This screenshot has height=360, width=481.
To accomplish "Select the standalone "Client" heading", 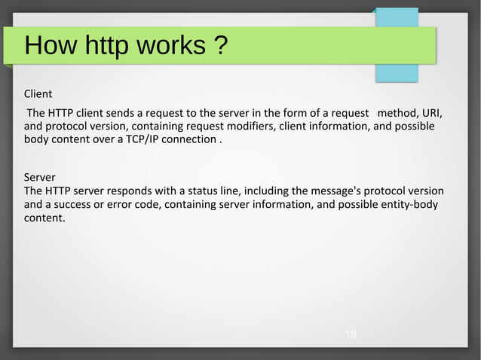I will [38, 94].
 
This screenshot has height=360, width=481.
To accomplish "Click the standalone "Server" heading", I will [40, 178].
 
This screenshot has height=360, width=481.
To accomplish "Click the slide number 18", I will [351, 334].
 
